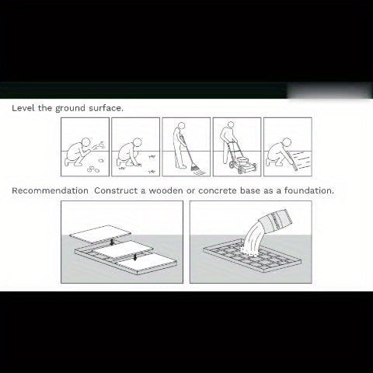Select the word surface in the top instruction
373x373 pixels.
[x=106, y=108]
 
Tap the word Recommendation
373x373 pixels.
[x=50, y=190]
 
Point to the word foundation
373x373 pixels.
[x=309, y=190]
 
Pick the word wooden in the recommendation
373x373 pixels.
[x=166, y=190]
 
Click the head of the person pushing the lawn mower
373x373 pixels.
[x=229, y=125]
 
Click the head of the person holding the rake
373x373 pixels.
[x=182, y=126]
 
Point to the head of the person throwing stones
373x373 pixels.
[x=86, y=142]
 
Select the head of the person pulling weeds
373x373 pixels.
[x=138, y=142]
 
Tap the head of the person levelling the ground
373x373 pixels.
[x=287, y=142]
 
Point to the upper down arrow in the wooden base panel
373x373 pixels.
[x=112, y=242]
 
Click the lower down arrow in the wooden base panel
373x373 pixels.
[x=135, y=257]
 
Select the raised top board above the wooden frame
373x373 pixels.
[x=99, y=234]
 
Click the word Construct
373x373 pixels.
[x=116, y=190]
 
